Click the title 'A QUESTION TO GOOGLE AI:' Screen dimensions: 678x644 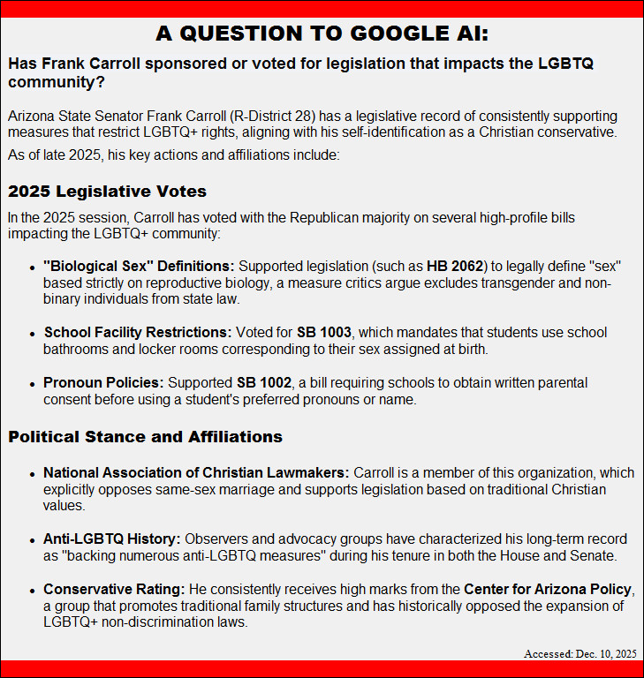pyautogui.click(x=322, y=34)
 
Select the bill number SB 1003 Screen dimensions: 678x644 pyautogui.click(x=324, y=333)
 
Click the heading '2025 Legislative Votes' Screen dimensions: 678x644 pyautogui.click(x=107, y=192)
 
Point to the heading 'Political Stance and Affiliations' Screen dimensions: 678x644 pyautogui.click(x=145, y=437)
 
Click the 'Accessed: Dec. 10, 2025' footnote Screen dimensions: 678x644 pyautogui.click(x=580, y=653)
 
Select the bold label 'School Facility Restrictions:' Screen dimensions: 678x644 pyautogui.click(x=137, y=333)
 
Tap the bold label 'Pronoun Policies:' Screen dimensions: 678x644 pyautogui.click(x=103, y=383)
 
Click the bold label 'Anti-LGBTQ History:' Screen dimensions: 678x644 pyautogui.click(x=111, y=539)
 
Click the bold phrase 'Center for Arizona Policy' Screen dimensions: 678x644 pyautogui.click(x=548, y=589)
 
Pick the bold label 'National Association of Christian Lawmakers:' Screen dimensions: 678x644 pyautogui.click(x=196, y=472)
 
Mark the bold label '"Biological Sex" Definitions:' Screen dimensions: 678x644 pyautogui.click(x=139, y=266)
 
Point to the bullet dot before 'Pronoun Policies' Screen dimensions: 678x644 pyautogui.click(x=34, y=384)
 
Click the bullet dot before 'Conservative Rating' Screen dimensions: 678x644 pyautogui.click(x=34, y=590)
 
